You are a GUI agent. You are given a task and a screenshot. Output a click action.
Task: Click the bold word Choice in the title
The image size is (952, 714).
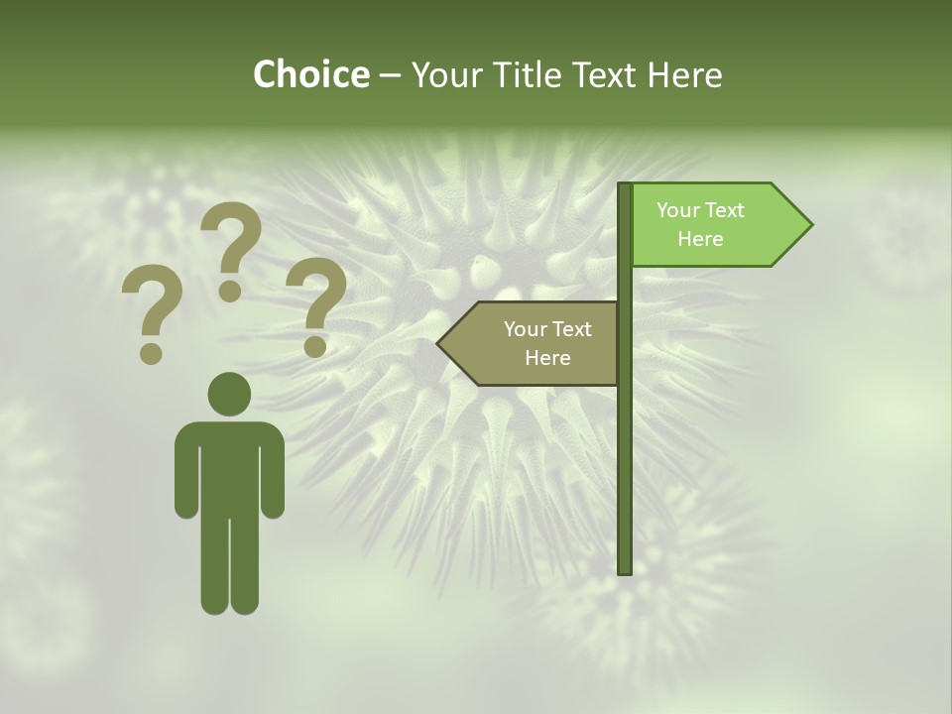310,74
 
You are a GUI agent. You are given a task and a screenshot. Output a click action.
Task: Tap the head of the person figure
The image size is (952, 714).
230,394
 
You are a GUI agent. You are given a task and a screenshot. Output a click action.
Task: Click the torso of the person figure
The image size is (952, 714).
230,466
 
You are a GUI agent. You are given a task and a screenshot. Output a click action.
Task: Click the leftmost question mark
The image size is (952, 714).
152,307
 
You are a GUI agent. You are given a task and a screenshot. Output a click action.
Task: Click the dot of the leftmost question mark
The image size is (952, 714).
152,353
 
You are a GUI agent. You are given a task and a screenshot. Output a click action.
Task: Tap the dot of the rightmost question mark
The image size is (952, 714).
315,346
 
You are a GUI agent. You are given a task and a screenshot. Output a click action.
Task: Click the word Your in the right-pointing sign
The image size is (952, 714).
678,210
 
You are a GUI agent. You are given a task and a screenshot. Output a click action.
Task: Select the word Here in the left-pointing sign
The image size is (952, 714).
547,358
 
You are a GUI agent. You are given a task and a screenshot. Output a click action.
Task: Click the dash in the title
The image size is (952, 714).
390,74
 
